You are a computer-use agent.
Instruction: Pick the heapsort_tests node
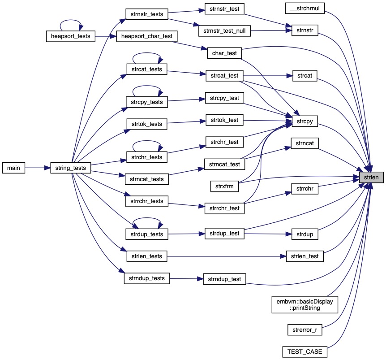[x=71, y=36]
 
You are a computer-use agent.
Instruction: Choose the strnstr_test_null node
[x=224, y=31]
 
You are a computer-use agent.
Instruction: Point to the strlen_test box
[x=305, y=256]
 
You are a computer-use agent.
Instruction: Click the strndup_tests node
[x=146, y=278]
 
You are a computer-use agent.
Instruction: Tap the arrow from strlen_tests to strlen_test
[x=224, y=256]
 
